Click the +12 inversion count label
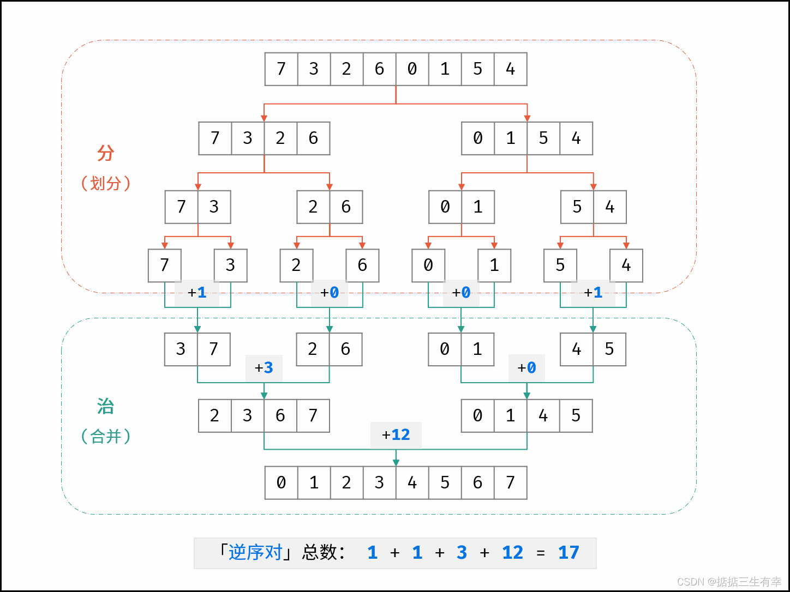click(x=396, y=435)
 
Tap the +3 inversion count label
click(x=264, y=368)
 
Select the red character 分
click(x=105, y=153)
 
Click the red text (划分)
click(x=105, y=183)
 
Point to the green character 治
click(x=105, y=407)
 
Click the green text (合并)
click(x=105, y=436)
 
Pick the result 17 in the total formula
click(x=568, y=552)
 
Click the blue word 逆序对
click(x=255, y=552)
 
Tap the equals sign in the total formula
click(x=541, y=553)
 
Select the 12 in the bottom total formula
click(x=512, y=552)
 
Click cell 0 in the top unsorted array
click(x=412, y=69)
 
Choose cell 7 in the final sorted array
click(x=511, y=483)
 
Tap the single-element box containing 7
click(x=164, y=265)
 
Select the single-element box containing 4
click(x=626, y=265)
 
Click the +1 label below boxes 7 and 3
click(x=197, y=293)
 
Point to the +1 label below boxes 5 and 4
click(x=593, y=293)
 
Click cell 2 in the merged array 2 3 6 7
click(x=215, y=416)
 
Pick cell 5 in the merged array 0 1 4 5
click(x=576, y=416)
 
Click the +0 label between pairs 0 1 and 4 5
click(x=526, y=368)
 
